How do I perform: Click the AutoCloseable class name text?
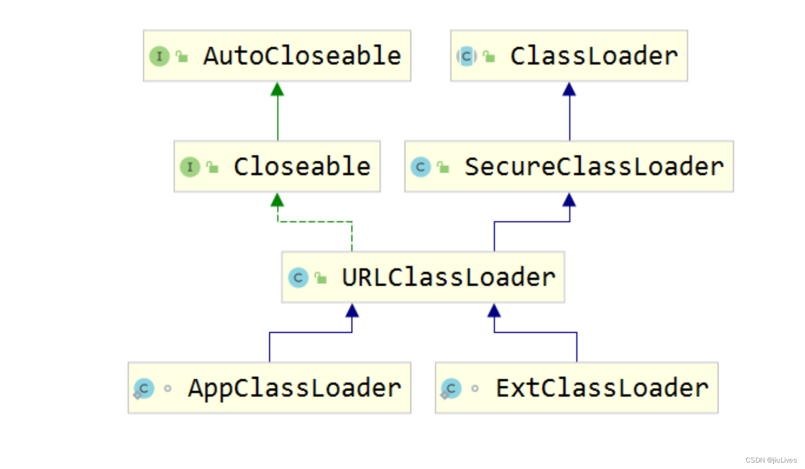click(x=302, y=56)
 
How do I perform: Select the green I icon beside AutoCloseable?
click(x=159, y=56)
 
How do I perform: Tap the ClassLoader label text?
click(x=594, y=56)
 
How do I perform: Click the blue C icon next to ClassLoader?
click(x=466, y=56)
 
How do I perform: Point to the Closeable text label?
click(x=302, y=167)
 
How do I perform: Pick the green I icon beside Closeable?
click(x=190, y=167)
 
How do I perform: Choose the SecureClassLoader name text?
click(x=594, y=167)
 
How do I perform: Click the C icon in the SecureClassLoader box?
click(x=421, y=167)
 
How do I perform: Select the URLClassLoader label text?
click(x=448, y=277)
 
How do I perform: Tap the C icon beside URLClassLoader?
click(x=298, y=278)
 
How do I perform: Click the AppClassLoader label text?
click(x=295, y=388)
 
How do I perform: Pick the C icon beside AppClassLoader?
click(x=144, y=388)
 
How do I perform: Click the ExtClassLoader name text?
click(x=602, y=388)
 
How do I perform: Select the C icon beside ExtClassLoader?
click(x=451, y=388)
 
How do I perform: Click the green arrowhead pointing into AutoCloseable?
click(x=277, y=89)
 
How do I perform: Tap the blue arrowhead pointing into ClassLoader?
click(x=569, y=89)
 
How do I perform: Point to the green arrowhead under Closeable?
click(x=277, y=200)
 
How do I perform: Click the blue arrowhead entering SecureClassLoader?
click(x=569, y=200)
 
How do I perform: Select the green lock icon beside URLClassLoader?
click(x=321, y=278)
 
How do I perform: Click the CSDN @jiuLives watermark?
click(x=771, y=460)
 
